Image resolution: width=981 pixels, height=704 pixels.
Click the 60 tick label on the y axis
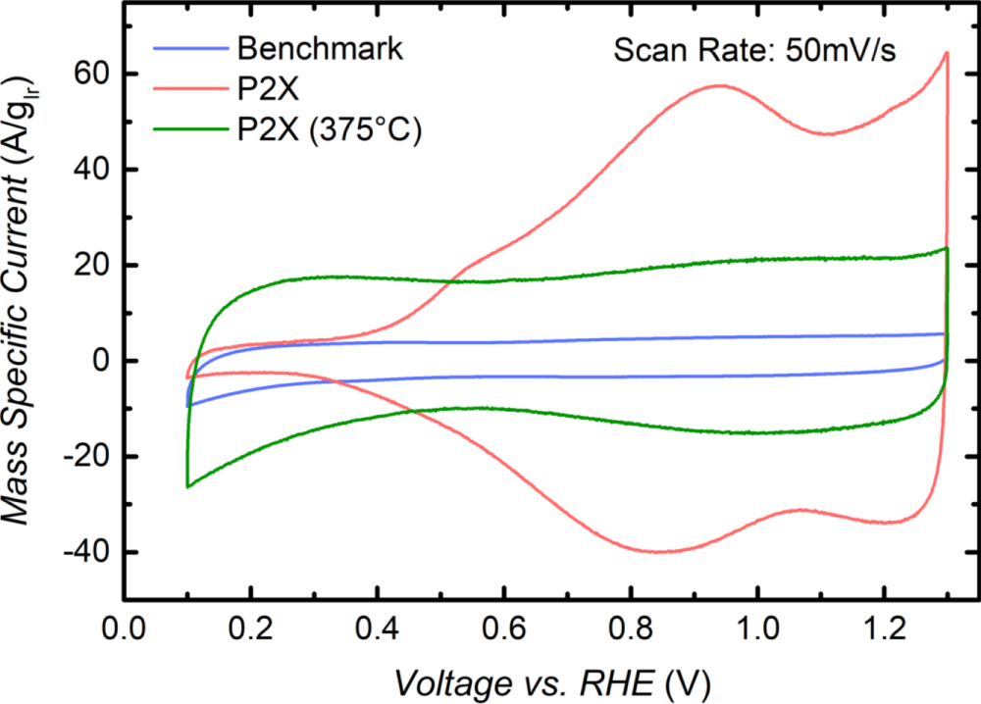89,75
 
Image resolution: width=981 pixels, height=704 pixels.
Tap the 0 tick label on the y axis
99,362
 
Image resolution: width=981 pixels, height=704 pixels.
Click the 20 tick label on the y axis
89,266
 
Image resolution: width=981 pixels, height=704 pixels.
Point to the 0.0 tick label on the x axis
124,628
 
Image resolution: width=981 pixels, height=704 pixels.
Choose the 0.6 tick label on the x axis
504,628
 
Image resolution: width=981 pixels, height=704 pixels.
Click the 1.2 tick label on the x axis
884,628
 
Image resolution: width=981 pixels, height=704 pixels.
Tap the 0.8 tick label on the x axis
631,628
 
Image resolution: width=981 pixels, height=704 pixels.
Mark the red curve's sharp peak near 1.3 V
947,53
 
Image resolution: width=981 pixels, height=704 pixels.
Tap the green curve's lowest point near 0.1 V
187,486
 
